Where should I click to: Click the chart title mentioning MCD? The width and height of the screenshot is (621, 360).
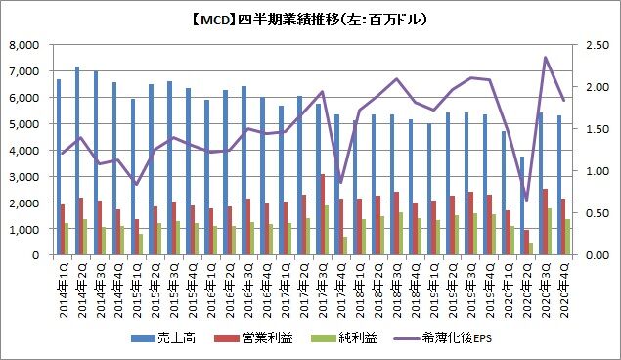coord(309,20)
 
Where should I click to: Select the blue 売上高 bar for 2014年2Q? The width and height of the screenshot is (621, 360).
coord(77,160)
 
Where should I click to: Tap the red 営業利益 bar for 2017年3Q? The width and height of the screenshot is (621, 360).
coord(323,214)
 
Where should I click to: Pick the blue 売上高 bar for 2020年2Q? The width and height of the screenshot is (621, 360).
coord(522,206)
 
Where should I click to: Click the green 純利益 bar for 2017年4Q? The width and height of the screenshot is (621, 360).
coord(345,246)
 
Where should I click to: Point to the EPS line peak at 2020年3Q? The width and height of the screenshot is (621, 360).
coord(546,57)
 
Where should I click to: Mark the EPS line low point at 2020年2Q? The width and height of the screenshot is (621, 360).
coord(526,200)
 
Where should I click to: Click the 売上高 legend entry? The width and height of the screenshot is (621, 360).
coord(163,337)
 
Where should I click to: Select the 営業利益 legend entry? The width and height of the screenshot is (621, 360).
coord(253,337)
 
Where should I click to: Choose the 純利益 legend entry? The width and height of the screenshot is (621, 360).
coord(344,337)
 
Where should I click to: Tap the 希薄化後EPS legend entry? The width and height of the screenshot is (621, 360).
coord(443,337)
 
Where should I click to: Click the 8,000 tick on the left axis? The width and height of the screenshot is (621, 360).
coord(24,45)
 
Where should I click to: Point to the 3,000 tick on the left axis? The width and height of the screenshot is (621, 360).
coord(24,177)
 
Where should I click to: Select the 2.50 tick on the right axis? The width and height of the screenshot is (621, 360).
coord(597,45)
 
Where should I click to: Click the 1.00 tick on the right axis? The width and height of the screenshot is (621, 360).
coord(597,171)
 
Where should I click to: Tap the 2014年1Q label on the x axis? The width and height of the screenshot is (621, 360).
coord(64,290)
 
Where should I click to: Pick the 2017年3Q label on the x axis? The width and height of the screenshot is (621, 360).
coord(323,290)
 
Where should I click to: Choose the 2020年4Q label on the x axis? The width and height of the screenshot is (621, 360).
coord(564,290)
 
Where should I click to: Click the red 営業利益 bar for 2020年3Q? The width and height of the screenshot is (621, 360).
coord(546,222)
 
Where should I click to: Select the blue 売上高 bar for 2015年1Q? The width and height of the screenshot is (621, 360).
coord(133,177)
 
